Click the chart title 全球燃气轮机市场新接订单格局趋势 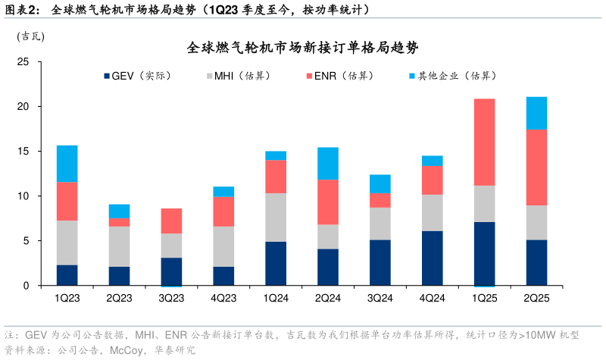pyautogui.click(x=303, y=48)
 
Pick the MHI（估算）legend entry pyautogui.click(x=242, y=76)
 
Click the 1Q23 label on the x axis pyautogui.click(x=67, y=298)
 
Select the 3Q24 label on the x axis pyautogui.click(x=380, y=298)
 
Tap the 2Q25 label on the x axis pyautogui.click(x=536, y=298)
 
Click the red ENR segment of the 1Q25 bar pyautogui.click(x=484, y=142)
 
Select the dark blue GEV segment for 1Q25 pyautogui.click(x=484, y=253)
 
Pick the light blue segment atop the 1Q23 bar pyautogui.click(x=67, y=163)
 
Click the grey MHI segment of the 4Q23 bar pyautogui.click(x=223, y=246)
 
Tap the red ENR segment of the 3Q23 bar pyautogui.click(x=171, y=221)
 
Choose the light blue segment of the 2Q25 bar pyautogui.click(x=536, y=113)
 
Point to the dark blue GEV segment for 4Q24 pyautogui.click(x=432, y=258)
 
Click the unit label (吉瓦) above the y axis pyautogui.click(x=30, y=36)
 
